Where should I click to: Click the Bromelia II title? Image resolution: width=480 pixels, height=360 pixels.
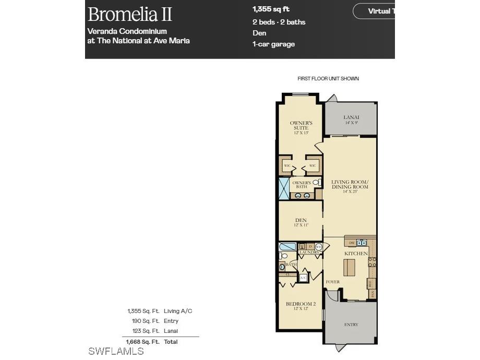point(130,14)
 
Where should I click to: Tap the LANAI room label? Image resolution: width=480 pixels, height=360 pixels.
point(351,118)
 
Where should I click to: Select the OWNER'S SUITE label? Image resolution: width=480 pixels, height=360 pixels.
point(301,125)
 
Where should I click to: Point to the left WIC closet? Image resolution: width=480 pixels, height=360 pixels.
point(287,166)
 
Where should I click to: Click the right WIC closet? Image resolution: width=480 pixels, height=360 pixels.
point(313,166)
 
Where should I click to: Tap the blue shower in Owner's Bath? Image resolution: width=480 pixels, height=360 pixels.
point(284,189)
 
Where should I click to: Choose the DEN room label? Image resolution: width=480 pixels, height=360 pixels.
point(301,220)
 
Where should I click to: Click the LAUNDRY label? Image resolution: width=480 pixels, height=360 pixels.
point(309,253)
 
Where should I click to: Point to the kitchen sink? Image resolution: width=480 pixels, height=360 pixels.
point(362,243)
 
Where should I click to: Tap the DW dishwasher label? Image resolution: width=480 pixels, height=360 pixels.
point(352,243)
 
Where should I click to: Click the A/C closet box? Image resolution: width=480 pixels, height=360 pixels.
point(303,278)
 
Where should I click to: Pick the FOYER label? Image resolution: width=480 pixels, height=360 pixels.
point(332,282)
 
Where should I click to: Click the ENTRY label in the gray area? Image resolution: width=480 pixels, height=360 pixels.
point(351,325)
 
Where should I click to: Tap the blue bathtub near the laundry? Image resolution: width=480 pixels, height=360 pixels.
point(287,246)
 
